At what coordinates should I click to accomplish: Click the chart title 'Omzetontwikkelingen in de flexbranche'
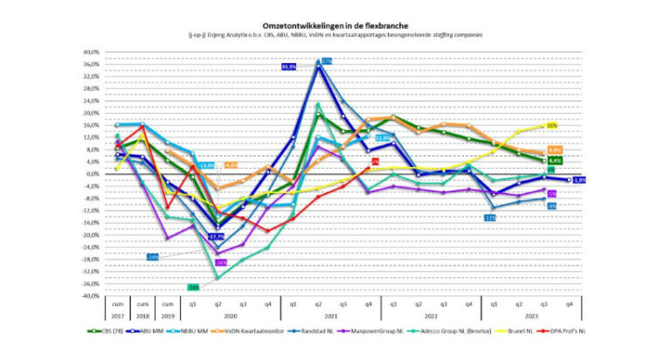pos(335,26)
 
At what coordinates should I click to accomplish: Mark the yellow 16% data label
pos(552,125)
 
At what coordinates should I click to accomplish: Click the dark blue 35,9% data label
pos(290,66)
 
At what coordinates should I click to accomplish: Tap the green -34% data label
pos(194,287)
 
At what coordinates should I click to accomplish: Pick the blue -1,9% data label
pos(578,180)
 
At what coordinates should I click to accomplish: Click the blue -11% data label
pos(490,218)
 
